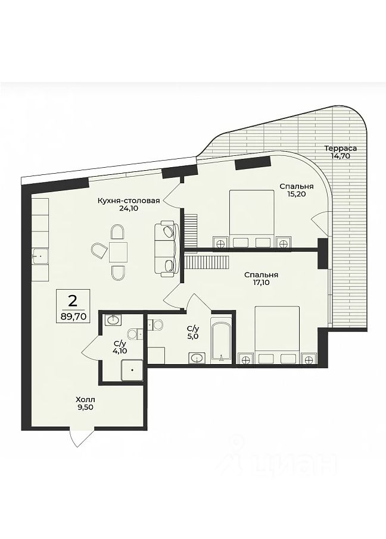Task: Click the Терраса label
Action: click(340, 149)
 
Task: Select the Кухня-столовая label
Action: click(129, 200)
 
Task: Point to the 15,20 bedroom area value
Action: click(297, 194)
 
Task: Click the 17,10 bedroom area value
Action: click(262, 283)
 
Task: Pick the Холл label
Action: click(85, 400)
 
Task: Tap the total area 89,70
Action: click(73, 316)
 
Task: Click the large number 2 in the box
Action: click(73, 302)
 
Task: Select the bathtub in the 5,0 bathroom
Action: click(220, 342)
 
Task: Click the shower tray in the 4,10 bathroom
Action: click(132, 370)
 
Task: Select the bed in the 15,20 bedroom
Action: click(252, 218)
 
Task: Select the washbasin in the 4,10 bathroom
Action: click(113, 319)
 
